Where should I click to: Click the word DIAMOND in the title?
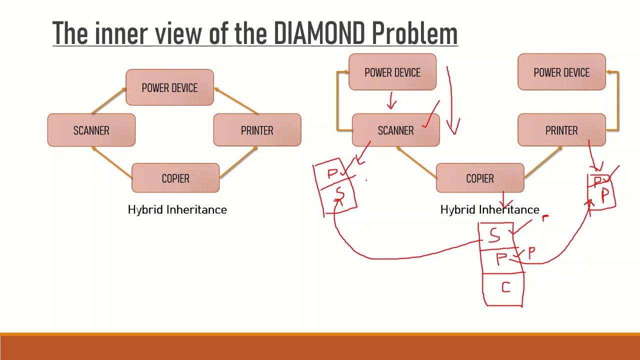pos(320,33)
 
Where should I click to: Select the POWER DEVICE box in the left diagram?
pos(169,87)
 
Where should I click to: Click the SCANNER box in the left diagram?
pos(91,130)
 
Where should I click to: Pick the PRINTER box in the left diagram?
pos(257,130)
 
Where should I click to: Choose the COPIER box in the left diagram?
pos(175,178)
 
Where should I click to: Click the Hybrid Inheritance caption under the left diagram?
pos(177,209)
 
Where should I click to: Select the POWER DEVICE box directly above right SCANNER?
pos(392,72)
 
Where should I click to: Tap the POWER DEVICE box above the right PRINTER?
pos(561,72)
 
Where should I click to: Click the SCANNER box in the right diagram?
pos(395,130)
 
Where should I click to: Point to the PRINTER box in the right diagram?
pos(561,130)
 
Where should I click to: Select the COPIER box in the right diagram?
pos(479,178)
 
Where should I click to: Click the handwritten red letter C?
pos(506,287)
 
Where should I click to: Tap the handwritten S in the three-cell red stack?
pos(495,234)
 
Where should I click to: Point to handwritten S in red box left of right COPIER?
pos(340,193)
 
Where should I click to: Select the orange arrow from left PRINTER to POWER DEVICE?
pos(236,101)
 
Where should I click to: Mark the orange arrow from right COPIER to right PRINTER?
pos(542,160)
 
